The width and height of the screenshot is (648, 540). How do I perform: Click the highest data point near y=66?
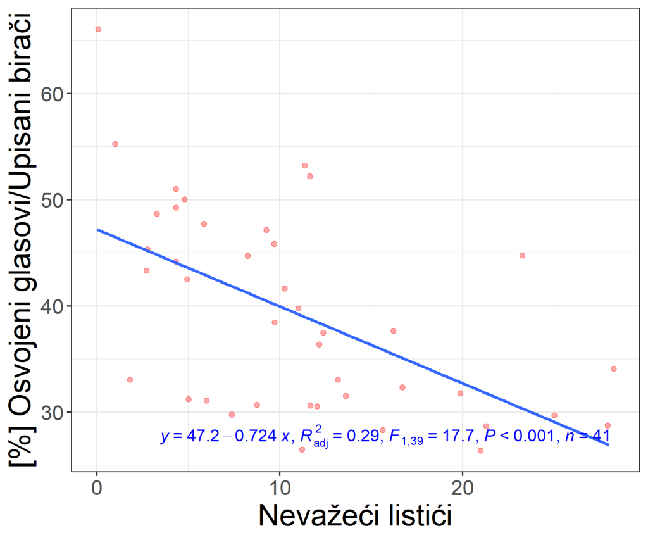click(98, 29)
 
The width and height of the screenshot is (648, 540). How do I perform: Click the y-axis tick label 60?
click(52, 94)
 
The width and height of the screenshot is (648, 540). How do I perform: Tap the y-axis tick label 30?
click(52, 413)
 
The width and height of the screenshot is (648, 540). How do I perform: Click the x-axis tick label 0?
click(97, 488)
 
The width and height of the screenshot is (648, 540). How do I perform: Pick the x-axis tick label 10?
click(279, 488)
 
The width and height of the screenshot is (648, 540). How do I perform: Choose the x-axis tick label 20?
click(462, 488)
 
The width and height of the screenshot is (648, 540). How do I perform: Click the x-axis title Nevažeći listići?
click(355, 515)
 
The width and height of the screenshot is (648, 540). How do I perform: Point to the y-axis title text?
click(22, 240)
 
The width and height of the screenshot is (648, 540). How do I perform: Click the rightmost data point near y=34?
click(614, 369)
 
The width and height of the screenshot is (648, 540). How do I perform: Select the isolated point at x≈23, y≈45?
click(522, 256)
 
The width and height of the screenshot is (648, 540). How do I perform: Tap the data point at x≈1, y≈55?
click(115, 144)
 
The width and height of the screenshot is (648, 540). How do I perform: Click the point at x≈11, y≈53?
click(305, 166)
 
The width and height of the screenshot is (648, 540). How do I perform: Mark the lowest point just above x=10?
click(302, 450)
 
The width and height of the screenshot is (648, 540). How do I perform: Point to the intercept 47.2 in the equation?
click(203, 436)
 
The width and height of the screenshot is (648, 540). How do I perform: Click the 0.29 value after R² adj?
click(363, 436)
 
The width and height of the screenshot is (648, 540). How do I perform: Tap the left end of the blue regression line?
click(97, 229)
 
